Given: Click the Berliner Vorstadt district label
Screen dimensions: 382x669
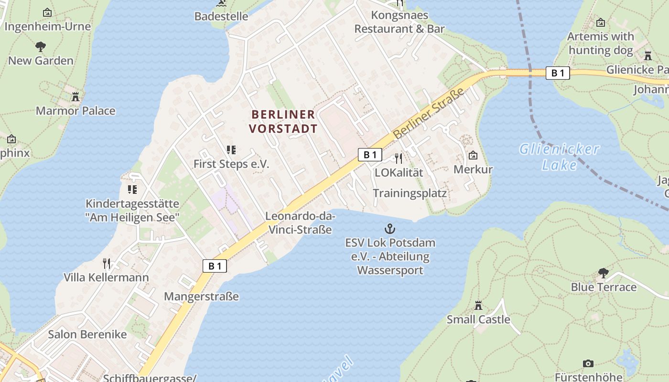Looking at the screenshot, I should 283,121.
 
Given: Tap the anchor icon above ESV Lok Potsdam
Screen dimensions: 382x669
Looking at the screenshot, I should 390,229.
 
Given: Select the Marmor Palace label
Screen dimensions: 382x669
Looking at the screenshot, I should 76,111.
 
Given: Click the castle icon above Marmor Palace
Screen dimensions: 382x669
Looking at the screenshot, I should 75,97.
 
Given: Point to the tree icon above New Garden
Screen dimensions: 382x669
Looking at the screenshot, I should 41,47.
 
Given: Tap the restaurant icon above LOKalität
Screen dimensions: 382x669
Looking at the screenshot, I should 399,158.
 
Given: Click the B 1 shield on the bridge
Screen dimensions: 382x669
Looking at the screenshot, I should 558,73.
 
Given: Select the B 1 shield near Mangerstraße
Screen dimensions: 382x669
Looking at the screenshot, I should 215,266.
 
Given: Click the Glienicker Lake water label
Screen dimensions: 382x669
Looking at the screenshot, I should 559,157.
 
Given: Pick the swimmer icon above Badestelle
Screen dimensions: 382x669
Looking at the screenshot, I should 221,3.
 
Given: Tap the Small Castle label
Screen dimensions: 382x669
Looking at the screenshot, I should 478,319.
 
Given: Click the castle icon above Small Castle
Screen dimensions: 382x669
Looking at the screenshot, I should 478,306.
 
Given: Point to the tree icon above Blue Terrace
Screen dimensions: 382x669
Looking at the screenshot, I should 603,273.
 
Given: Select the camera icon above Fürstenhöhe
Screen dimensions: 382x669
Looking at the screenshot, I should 588,364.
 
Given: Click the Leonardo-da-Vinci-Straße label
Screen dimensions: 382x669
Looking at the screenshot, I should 300,223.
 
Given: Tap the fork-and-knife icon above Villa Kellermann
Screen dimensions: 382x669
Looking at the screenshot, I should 107,263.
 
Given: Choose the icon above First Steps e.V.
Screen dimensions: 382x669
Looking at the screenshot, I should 231,150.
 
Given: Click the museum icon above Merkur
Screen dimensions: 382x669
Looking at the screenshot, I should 473,155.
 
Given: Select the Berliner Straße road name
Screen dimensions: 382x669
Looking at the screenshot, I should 429,114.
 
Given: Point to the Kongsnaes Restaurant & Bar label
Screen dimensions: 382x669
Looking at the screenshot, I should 399,22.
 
